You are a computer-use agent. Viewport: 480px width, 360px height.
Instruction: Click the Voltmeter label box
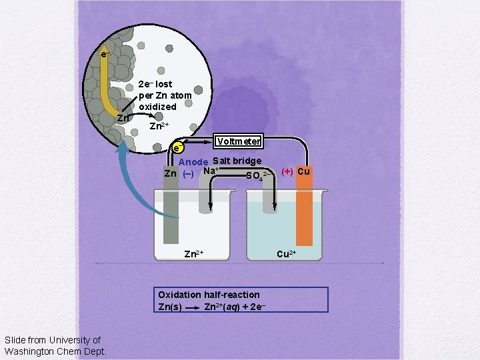(238, 141)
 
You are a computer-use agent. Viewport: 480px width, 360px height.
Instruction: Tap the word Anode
(193, 162)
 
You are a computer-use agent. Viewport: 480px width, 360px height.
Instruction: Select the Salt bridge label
(237, 161)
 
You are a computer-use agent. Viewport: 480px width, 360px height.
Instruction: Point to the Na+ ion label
(211, 171)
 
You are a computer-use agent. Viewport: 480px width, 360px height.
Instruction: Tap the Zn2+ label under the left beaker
(193, 254)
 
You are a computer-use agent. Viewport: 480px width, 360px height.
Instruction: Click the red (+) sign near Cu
(287, 171)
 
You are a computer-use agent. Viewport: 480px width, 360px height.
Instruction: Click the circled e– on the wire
(177, 147)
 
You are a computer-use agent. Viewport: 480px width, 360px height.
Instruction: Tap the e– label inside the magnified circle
(105, 54)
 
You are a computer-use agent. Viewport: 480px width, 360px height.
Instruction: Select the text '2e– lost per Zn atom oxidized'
(165, 95)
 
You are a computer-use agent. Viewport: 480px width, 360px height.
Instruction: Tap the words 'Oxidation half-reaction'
(209, 295)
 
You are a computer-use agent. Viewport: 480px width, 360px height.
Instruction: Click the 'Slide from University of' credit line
(52, 341)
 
